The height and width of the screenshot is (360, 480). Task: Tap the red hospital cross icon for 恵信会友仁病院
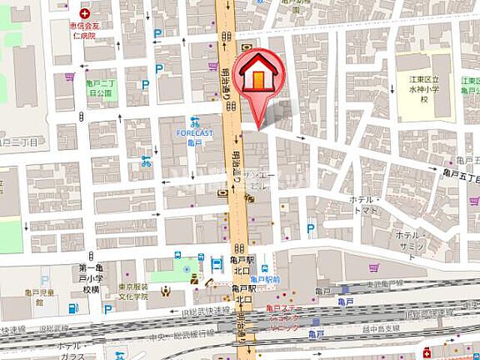[x=84, y=13]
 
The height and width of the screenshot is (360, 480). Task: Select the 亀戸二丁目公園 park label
[x=100, y=89]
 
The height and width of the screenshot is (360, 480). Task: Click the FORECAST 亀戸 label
[x=195, y=137]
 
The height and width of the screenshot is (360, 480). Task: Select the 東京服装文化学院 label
[x=137, y=291]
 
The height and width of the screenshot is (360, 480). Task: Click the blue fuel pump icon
[x=73, y=308]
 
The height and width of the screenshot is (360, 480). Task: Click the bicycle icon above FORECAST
[x=195, y=121]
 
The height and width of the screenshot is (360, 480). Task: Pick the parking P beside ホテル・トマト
[x=310, y=228]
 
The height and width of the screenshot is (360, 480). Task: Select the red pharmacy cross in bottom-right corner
[x=427, y=351]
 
